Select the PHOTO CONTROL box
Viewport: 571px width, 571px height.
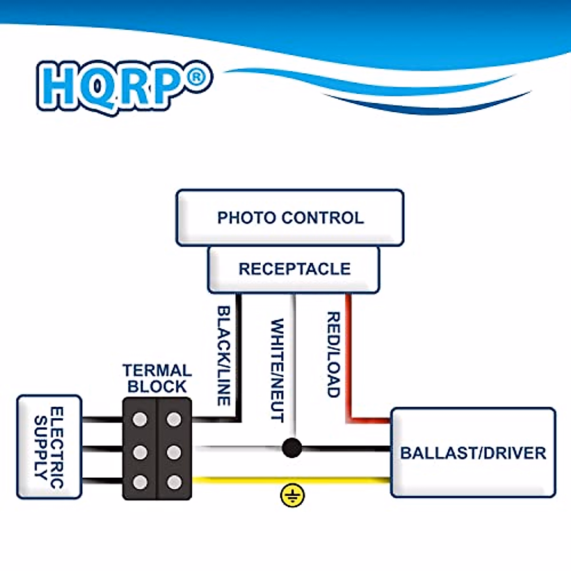290,218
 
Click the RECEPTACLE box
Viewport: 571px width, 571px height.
294,269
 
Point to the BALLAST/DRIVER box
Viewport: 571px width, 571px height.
473,453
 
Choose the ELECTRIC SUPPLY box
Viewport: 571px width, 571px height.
49,447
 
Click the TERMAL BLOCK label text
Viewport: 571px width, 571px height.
157,378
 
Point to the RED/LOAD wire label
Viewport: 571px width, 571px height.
333,354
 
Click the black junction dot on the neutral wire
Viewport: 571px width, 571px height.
292,448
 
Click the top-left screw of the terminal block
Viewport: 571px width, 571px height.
140,419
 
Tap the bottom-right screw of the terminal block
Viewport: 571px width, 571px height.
174,482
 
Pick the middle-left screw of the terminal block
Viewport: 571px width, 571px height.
140,452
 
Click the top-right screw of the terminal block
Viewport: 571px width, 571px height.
174,419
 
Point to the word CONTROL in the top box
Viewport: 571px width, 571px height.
323,218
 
